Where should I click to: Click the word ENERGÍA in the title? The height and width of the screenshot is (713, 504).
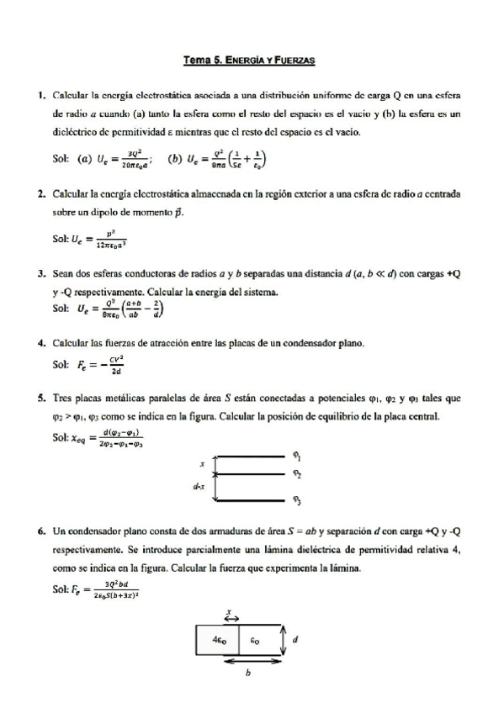point(250,61)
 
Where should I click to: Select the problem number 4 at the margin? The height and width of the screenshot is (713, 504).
point(41,344)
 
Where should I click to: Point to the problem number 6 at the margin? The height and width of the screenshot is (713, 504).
point(41,531)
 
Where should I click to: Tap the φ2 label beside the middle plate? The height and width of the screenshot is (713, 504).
point(297,475)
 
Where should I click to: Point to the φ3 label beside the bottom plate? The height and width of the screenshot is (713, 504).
point(297,501)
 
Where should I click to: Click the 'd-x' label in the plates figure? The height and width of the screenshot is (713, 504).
point(198,487)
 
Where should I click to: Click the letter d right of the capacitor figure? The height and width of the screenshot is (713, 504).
point(294,639)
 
